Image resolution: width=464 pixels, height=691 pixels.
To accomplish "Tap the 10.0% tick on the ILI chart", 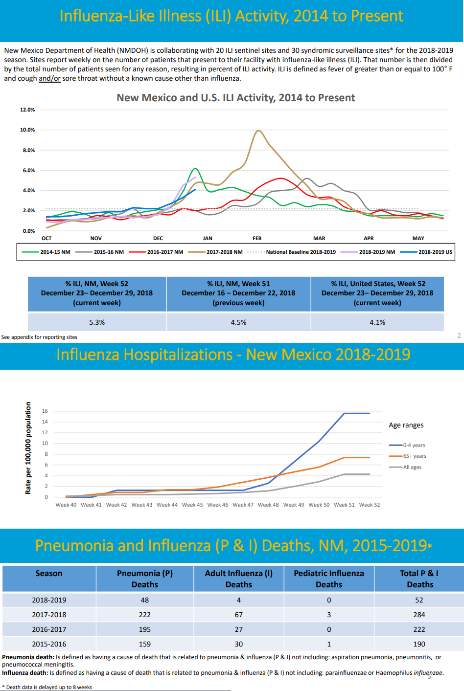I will click(x=27, y=130).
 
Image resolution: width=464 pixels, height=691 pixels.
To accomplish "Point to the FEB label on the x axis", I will click(x=257, y=239).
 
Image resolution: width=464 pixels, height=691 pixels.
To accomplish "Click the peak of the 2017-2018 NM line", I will click(x=258, y=131).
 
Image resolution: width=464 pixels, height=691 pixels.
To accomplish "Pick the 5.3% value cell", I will click(x=97, y=322).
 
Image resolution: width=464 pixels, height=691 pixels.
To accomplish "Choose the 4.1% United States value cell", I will click(x=377, y=322).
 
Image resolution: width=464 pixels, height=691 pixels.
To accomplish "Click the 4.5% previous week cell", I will click(x=238, y=322).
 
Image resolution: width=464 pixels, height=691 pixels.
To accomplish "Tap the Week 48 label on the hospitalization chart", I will click(x=268, y=505).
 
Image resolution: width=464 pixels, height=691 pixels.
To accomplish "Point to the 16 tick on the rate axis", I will click(x=45, y=411).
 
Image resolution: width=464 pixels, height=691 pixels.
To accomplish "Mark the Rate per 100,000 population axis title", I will click(x=28, y=448).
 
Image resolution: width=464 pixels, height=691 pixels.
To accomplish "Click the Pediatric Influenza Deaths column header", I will click(x=329, y=579).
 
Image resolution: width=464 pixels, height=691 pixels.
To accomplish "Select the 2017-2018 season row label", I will click(x=49, y=615).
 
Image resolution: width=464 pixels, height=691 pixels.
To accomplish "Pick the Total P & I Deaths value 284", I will click(x=419, y=615).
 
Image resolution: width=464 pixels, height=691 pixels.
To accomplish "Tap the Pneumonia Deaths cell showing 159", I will click(x=145, y=644).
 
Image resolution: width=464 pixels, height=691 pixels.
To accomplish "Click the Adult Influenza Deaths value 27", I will click(x=239, y=629).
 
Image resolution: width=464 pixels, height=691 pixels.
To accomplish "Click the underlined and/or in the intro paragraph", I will click(x=49, y=78).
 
